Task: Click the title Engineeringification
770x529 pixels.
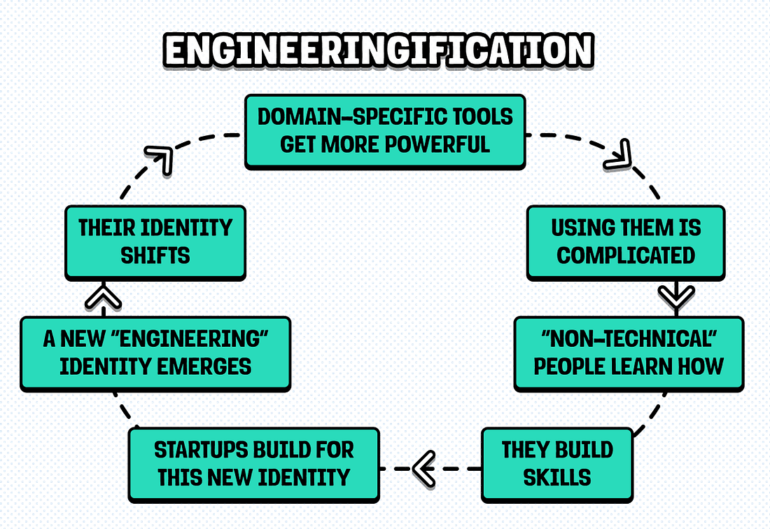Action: tap(379, 51)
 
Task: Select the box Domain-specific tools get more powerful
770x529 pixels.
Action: tap(385, 130)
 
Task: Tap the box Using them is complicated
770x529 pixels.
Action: tap(626, 242)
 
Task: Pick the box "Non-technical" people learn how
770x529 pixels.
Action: tap(629, 352)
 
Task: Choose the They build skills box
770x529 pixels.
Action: tap(557, 464)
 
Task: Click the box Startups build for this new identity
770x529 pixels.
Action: tap(253, 464)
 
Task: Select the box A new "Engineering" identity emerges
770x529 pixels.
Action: tap(155, 352)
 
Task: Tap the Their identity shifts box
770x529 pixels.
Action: tap(155, 242)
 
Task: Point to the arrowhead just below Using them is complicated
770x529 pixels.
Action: tap(676, 297)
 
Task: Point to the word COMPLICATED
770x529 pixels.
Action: tap(626, 255)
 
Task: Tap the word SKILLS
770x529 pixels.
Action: tap(557, 478)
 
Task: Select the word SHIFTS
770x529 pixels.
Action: tap(155, 255)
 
